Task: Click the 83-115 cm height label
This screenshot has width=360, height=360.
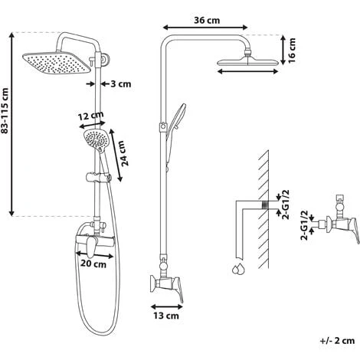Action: pyautogui.click(x=5, y=110)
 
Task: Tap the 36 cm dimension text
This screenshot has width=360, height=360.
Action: pyautogui.click(x=207, y=20)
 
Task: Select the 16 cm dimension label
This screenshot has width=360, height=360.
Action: pyautogui.click(x=291, y=50)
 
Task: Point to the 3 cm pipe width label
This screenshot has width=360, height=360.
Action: pyautogui.click(x=121, y=83)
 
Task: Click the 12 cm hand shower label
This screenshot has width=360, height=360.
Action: pyautogui.click(x=90, y=116)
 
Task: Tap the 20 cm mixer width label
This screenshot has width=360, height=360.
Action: pyautogui.click(x=93, y=263)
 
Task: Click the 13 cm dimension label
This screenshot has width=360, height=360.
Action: pyautogui.click(x=166, y=316)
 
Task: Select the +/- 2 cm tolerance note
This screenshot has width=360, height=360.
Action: pyautogui.click(x=337, y=341)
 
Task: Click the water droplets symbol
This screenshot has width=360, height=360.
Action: pyautogui.click(x=238, y=269)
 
